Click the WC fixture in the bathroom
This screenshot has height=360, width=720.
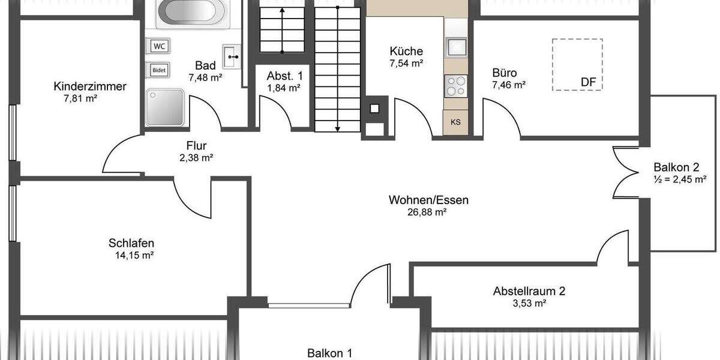click(159, 46)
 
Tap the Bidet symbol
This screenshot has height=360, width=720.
click(159, 70)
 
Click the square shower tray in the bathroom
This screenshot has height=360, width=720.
click(164, 107)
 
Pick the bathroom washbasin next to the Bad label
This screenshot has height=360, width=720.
click(232, 56)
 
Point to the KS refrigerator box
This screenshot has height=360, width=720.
click(456, 122)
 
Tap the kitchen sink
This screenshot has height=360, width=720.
click(456, 47)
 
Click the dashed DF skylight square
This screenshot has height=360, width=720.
click(577, 64)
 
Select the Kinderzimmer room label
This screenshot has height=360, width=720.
click(89, 86)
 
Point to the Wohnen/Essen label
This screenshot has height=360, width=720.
click(428, 200)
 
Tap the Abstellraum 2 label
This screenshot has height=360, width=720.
click(529, 292)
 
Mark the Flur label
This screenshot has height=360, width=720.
click(196, 145)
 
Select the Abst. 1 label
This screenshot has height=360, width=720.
click(284, 76)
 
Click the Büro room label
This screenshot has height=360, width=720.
click(504, 73)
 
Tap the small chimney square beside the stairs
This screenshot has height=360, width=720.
click(375, 109)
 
